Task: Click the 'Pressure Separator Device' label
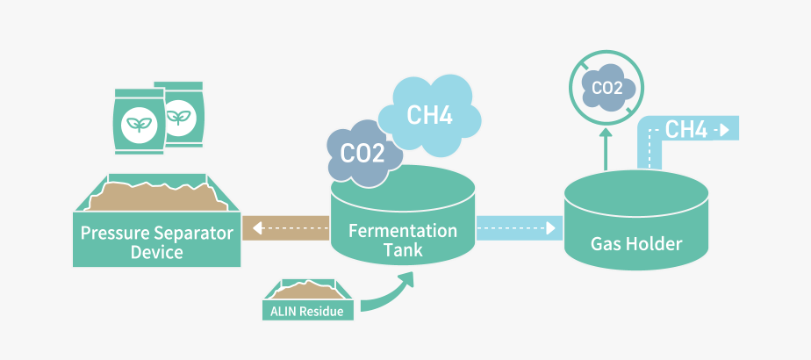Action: pyautogui.click(x=156, y=242)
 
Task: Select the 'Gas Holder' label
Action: pyautogui.click(x=636, y=243)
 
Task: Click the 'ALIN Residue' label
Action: pyautogui.click(x=307, y=310)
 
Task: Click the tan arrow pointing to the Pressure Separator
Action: pyautogui.click(x=286, y=229)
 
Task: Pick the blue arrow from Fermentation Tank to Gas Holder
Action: pyautogui.click(x=518, y=229)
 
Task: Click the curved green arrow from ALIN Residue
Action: pyautogui.click(x=386, y=294)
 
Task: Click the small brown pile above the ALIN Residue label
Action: pyautogui.click(x=307, y=291)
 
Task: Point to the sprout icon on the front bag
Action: pyautogui.click(x=136, y=123)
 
